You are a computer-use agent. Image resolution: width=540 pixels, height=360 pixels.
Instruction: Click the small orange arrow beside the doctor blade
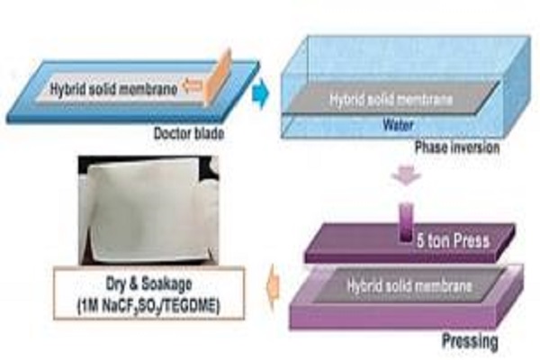click(x=190, y=88)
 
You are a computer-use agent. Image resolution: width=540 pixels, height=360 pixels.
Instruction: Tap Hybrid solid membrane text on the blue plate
click(x=112, y=88)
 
